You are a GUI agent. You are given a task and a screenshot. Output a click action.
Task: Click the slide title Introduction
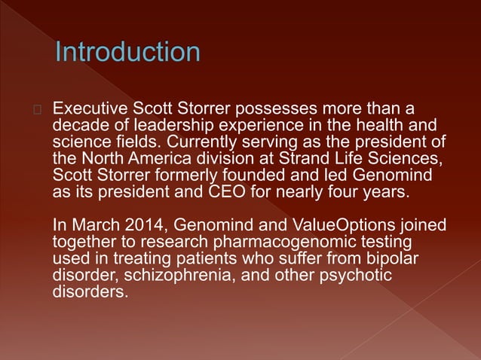coord(127,53)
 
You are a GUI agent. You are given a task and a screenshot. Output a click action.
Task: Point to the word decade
coord(78,126)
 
